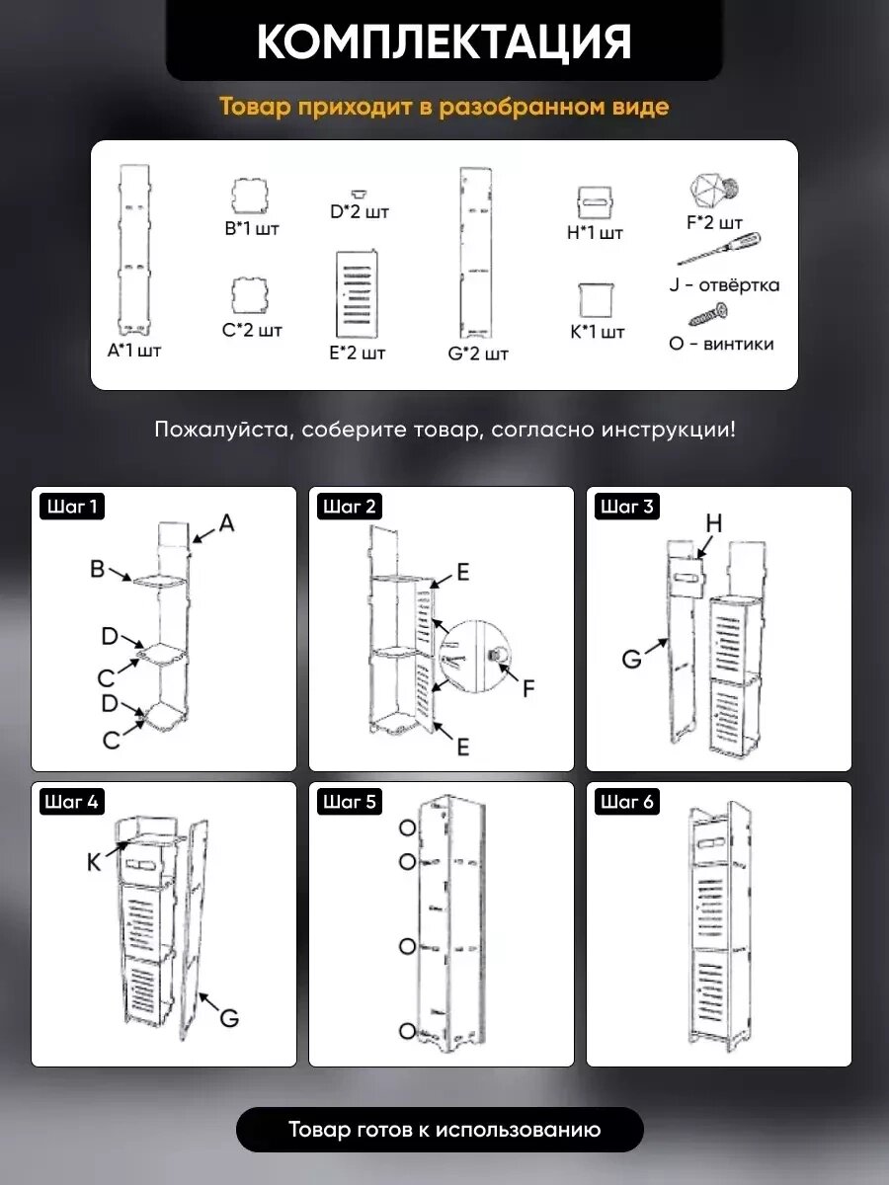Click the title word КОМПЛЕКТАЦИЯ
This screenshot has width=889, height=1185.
(x=444, y=41)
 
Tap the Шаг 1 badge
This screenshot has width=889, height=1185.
(x=72, y=507)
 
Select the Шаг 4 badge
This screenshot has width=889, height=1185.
(x=72, y=802)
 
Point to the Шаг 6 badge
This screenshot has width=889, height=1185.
(x=626, y=802)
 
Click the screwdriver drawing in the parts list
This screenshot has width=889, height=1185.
(x=719, y=248)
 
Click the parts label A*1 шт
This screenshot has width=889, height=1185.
(x=134, y=351)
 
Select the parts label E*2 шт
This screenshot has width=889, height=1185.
(x=358, y=354)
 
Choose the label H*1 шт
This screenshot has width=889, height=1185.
(x=595, y=233)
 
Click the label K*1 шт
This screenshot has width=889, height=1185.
(x=597, y=332)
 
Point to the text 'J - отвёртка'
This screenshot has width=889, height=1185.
(x=724, y=284)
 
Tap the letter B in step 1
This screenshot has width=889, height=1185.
(x=97, y=569)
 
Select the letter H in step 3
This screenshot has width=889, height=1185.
(x=713, y=522)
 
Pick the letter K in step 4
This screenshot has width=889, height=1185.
(x=94, y=862)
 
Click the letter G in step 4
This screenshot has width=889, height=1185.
(x=229, y=1018)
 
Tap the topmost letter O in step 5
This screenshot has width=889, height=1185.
(x=408, y=828)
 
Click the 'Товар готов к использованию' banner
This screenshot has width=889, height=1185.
(x=440, y=1129)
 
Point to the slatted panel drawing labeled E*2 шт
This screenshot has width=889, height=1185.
(x=357, y=294)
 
